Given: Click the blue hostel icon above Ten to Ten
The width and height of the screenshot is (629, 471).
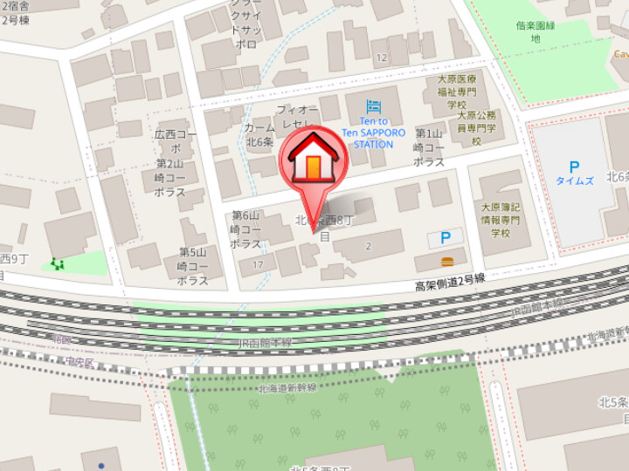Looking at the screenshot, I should point(373,106).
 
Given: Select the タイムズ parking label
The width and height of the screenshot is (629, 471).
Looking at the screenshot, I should point(574,181).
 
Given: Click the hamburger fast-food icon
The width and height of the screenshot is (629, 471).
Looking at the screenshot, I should point(447,261).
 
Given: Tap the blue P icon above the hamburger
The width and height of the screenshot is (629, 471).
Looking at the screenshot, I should point(446,237).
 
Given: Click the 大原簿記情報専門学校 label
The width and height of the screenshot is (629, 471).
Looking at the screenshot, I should point(500,220).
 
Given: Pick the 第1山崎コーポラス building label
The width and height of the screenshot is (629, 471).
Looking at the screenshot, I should point(428,147).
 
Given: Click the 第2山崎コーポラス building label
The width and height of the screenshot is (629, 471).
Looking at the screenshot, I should point(169,177).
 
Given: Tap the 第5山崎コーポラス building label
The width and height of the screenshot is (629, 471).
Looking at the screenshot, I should point(192,266).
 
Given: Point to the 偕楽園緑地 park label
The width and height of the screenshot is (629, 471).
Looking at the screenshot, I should point(535,32).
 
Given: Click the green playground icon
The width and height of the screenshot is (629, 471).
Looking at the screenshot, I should point(58,263).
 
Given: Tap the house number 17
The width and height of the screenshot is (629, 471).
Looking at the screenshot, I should point(257,263).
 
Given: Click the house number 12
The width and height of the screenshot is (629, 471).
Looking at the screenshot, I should point(381,58).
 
